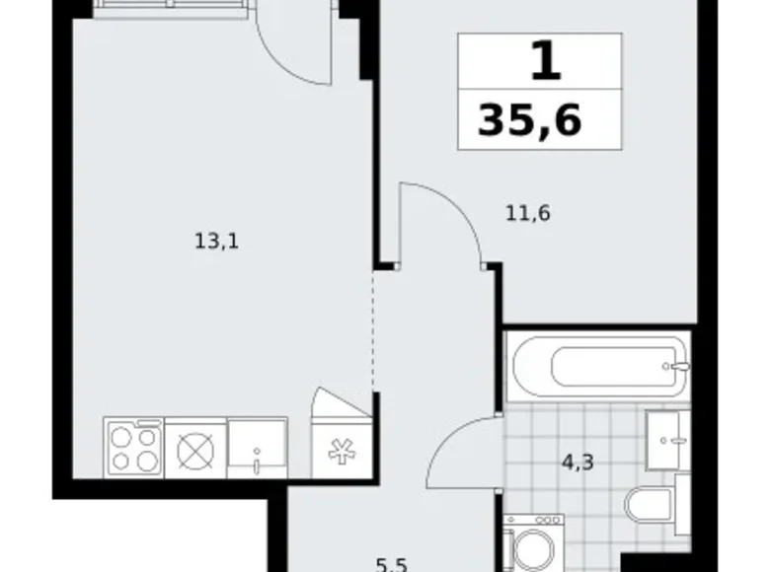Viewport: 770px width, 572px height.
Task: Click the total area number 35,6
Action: (x=530, y=120)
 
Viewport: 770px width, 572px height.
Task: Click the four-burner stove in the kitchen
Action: (x=133, y=447)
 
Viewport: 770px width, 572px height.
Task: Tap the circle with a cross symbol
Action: (x=194, y=448)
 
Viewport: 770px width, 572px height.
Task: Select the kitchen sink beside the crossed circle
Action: (x=257, y=449)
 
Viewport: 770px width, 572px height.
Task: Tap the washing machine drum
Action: (x=532, y=546)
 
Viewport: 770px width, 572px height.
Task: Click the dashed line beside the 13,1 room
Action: (x=373, y=330)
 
